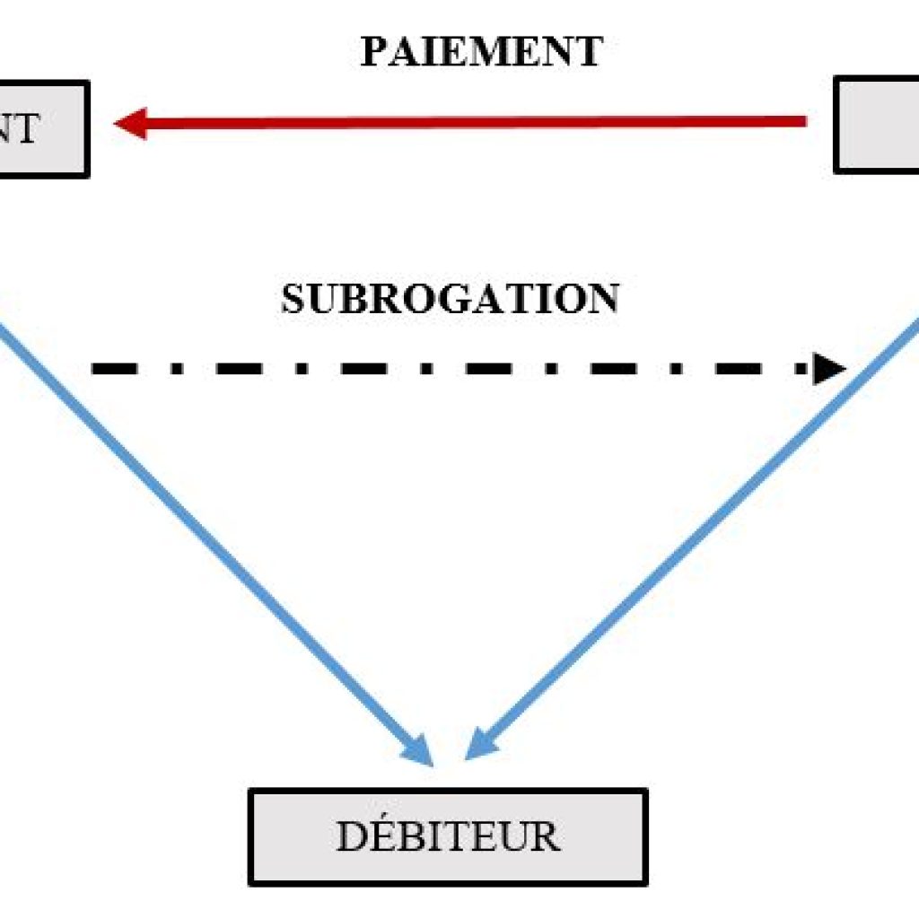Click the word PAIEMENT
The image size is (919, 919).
pyautogui.click(x=481, y=53)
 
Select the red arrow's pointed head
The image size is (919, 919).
pyautogui.click(x=131, y=123)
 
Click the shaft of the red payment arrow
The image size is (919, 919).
pyautogui.click(x=467, y=122)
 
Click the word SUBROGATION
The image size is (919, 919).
pyautogui.click(x=450, y=300)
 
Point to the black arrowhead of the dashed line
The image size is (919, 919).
pyautogui.click(x=829, y=368)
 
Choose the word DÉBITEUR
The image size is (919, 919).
pyautogui.click(x=448, y=837)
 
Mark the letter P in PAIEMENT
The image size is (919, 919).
pyautogui.click(x=373, y=53)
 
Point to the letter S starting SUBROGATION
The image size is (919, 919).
pyautogui.click(x=293, y=300)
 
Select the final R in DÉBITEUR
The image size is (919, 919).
pyautogui.click(x=545, y=837)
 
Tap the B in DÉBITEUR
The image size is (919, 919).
pyautogui.click(x=414, y=837)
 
